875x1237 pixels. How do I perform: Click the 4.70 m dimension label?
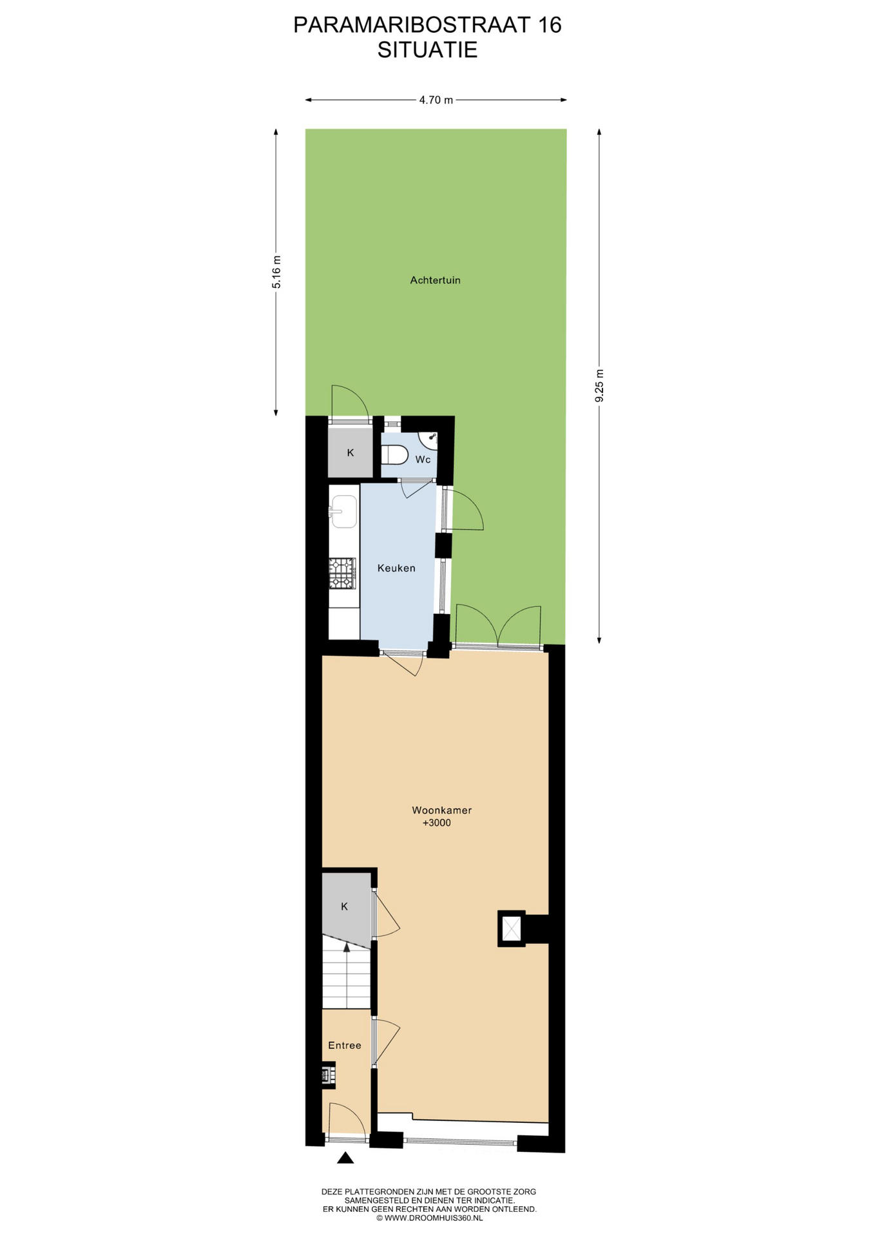[x=436, y=100]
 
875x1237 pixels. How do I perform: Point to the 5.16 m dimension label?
[x=276, y=272]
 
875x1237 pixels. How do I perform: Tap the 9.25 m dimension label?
[x=599, y=386]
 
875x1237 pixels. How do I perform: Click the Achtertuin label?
[x=436, y=280]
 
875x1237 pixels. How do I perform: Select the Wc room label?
[x=423, y=459]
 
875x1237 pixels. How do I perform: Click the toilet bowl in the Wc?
[x=394, y=455]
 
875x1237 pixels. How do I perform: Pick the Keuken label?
[x=396, y=568]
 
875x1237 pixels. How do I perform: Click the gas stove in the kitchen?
[x=343, y=573]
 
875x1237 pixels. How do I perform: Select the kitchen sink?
[x=344, y=512]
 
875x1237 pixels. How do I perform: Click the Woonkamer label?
[x=442, y=810]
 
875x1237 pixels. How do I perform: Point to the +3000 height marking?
[x=437, y=823]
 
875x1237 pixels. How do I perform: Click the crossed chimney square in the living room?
[x=511, y=928]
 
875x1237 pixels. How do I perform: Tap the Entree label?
[x=345, y=1046]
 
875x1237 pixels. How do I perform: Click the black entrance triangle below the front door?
[x=345, y=1158]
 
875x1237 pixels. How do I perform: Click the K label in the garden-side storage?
[x=351, y=453]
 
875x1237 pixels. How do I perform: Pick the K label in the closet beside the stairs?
[x=345, y=906]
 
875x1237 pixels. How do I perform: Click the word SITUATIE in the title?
[x=427, y=50]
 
